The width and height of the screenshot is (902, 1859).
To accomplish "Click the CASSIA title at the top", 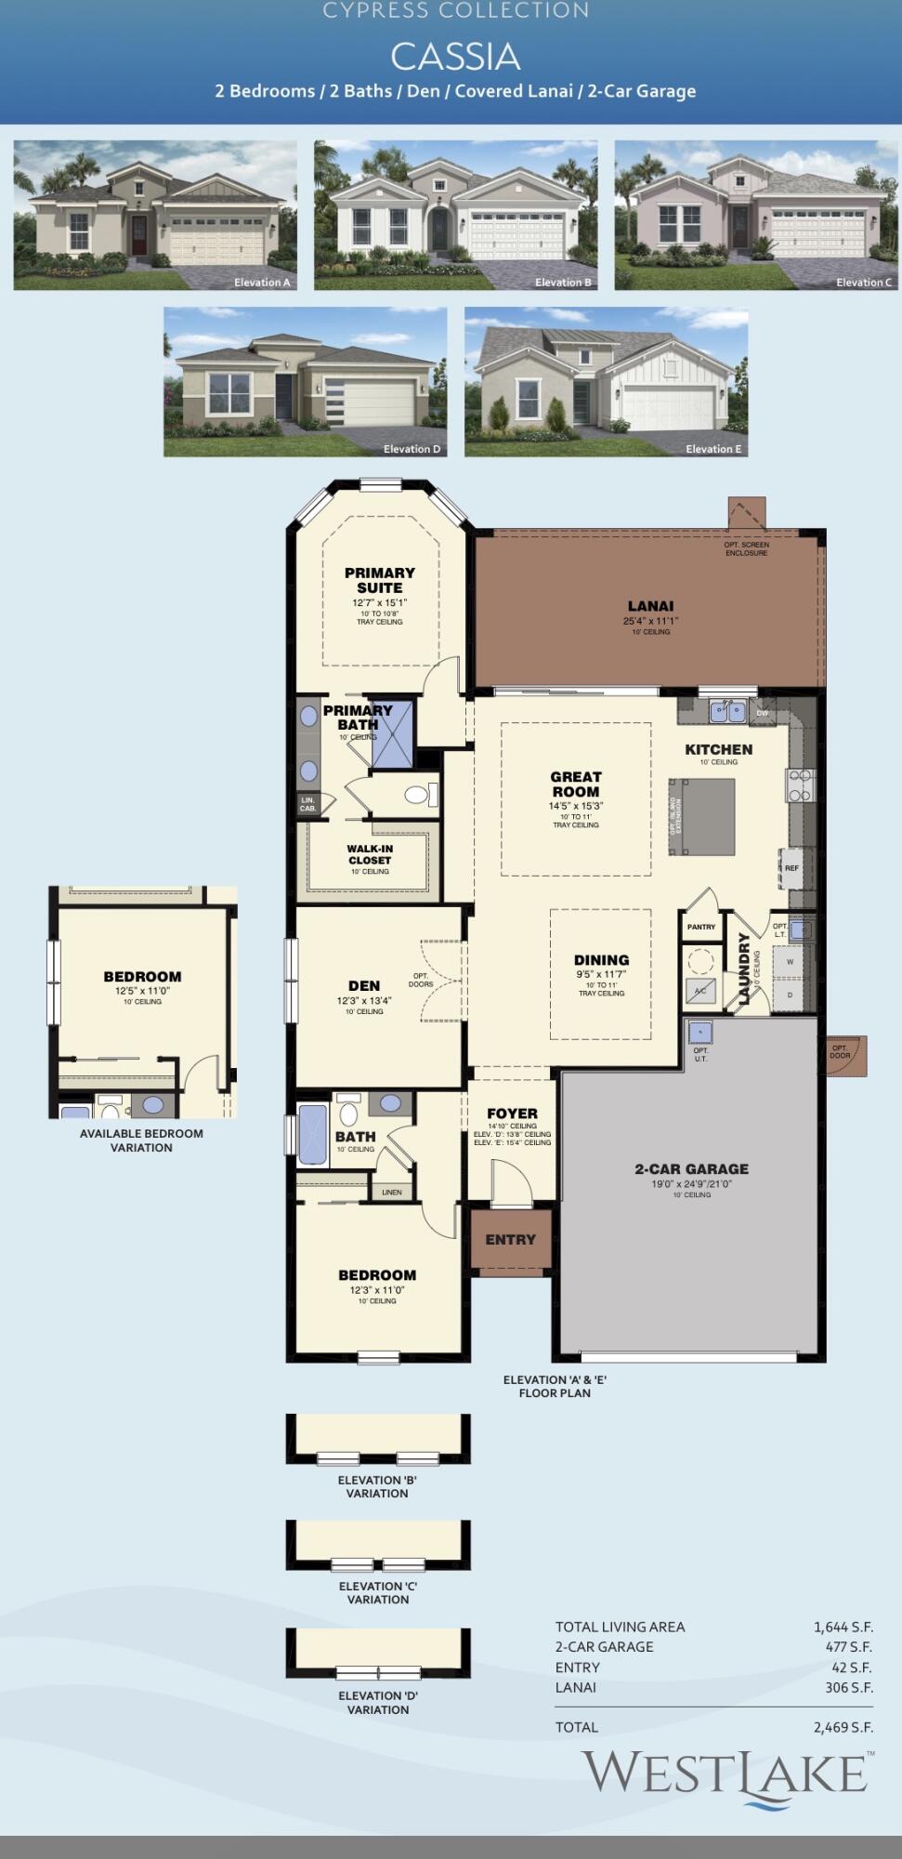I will (x=454, y=57).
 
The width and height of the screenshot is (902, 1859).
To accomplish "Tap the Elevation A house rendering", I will (x=155, y=215).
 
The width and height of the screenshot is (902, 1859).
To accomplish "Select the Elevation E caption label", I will (x=713, y=449).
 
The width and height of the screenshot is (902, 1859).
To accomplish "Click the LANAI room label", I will (x=650, y=606).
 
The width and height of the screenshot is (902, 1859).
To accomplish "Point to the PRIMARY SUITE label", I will (x=379, y=580).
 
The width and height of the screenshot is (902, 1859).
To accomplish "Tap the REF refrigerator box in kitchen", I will (x=791, y=868).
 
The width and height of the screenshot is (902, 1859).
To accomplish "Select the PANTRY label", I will (x=701, y=927).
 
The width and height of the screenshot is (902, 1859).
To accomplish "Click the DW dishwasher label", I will (x=762, y=713).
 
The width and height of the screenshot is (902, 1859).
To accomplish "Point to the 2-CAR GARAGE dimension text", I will (x=691, y=1184).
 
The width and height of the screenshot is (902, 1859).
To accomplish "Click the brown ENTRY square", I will (x=510, y=1240).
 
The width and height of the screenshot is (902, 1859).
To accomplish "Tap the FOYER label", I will (x=512, y=1114).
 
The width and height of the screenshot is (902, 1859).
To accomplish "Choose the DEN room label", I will (x=364, y=986).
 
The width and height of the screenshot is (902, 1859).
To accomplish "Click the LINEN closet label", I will (x=392, y=1192).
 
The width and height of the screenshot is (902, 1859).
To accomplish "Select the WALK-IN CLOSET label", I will (x=370, y=854).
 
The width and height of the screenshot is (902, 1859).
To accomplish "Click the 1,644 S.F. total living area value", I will (x=843, y=1627).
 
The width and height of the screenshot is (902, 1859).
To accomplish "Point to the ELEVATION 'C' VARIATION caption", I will (x=378, y=1592).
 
